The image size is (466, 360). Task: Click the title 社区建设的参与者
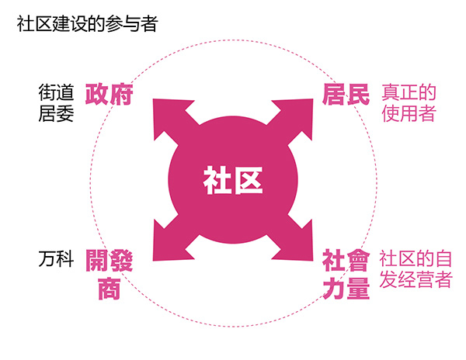pyautogui.click(x=87, y=24)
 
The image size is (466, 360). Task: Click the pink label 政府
pyautogui.click(x=110, y=95)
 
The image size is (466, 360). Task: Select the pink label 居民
pyautogui.click(x=346, y=95)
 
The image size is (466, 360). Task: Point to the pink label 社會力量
pyautogui.click(x=346, y=274)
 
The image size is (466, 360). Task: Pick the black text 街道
pyautogui.click(x=56, y=92)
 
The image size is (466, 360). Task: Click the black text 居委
pyautogui.click(x=56, y=114)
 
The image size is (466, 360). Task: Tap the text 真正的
pyautogui.click(x=409, y=92)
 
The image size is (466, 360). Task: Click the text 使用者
pyautogui.click(x=409, y=114)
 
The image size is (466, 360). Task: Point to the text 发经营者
pyautogui.click(x=416, y=280)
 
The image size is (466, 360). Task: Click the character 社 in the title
pyautogui.click(x=24, y=24)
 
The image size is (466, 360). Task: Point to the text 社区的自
pyautogui.click(x=416, y=258)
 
